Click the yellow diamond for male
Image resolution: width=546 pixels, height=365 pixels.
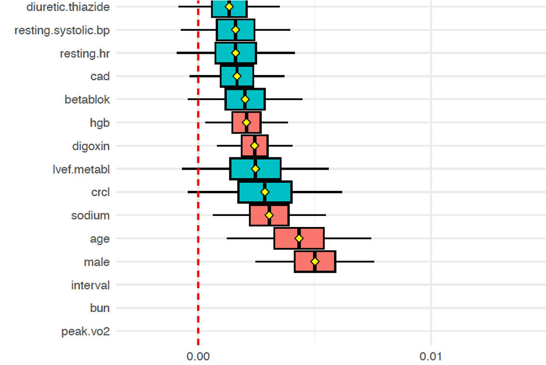[x=315, y=262]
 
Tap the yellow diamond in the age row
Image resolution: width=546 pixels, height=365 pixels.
[x=299, y=239]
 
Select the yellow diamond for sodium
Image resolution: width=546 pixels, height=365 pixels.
[x=269, y=215]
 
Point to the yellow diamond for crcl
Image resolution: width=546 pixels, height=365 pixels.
[x=265, y=192]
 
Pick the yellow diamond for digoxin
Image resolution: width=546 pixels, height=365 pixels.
[x=255, y=145]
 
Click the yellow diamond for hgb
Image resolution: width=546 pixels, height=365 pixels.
[x=247, y=123]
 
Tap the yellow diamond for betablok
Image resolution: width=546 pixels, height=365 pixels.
[x=245, y=99]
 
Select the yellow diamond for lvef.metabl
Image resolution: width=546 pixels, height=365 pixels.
[x=255, y=169]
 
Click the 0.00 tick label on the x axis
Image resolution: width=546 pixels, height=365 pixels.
[x=198, y=356]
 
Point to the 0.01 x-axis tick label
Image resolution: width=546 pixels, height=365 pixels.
[x=431, y=356]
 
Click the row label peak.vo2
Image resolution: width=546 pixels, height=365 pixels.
[x=85, y=332]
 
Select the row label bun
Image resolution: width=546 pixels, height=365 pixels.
[x=100, y=308]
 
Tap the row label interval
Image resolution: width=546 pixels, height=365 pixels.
[x=90, y=285]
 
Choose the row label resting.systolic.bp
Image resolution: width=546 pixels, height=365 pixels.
[x=62, y=31]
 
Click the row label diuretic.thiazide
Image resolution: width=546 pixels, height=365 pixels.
[x=68, y=7]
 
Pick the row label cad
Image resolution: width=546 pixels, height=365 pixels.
[x=100, y=76]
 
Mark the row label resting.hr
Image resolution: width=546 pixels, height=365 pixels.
[x=85, y=53]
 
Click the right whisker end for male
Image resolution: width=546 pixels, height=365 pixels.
[x=374, y=262]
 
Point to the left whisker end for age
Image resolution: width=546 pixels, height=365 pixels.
[x=227, y=239]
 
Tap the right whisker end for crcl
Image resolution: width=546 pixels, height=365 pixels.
[x=341, y=192]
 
